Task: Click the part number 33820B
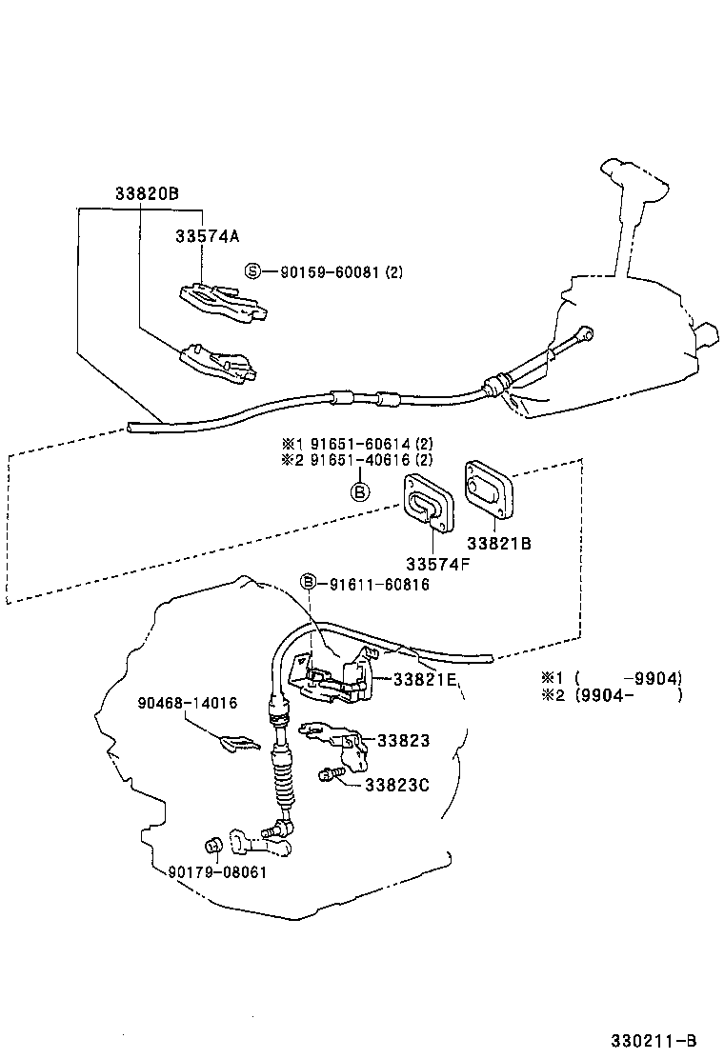(x=146, y=193)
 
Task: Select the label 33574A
(x=207, y=235)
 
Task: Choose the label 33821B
(x=498, y=544)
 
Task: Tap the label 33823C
(x=397, y=785)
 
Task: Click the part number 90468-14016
(x=186, y=703)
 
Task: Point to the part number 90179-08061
(x=217, y=871)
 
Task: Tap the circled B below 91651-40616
(x=360, y=491)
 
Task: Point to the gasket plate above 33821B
(x=490, y=490)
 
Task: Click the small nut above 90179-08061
(x=214, y=845)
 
